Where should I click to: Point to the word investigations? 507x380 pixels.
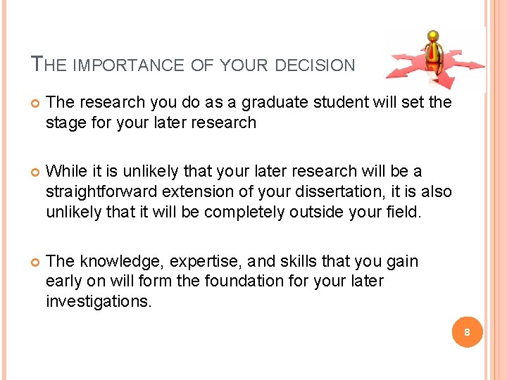(98, 301)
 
